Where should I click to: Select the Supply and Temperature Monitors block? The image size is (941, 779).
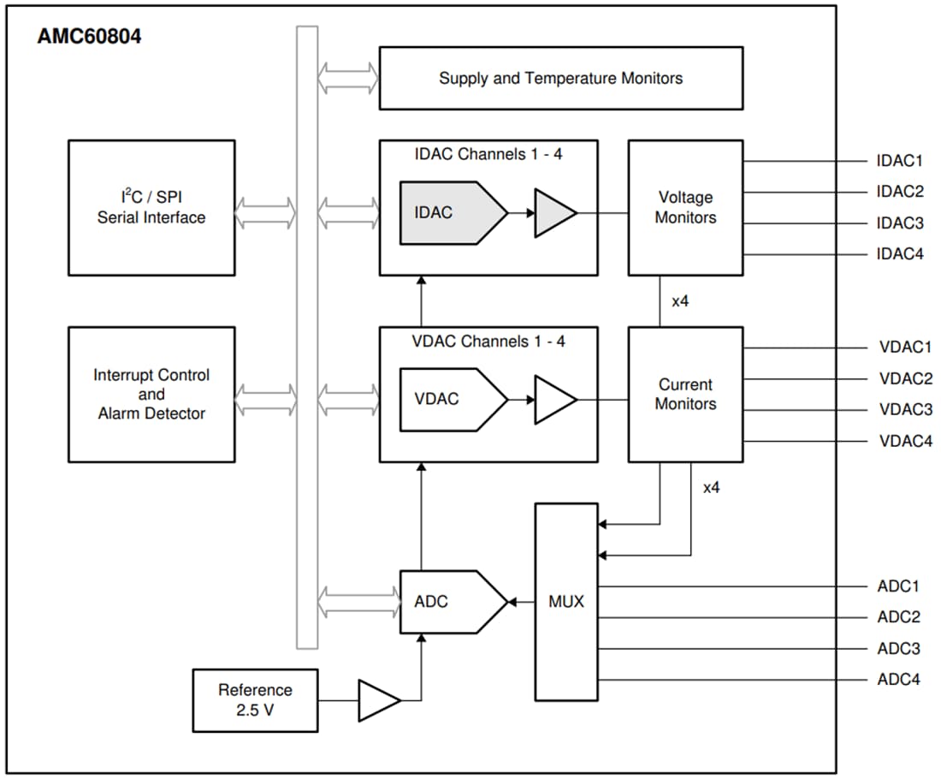560,78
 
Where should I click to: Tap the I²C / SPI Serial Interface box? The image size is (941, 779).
151,208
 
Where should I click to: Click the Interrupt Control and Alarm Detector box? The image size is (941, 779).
151,394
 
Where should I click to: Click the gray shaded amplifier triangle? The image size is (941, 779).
553,212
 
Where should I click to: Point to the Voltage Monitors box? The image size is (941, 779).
685,208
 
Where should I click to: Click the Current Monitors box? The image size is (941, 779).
685,394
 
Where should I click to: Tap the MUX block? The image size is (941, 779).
566,602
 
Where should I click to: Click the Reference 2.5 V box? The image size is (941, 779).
255,700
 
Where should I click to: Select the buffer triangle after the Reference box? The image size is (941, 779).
377,700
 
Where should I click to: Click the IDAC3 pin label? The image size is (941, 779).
900,223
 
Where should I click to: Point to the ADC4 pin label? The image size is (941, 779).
898,680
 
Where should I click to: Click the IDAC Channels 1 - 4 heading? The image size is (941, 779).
488,155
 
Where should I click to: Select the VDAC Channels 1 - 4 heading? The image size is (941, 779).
488,342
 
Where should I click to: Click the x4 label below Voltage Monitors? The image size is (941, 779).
680,301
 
